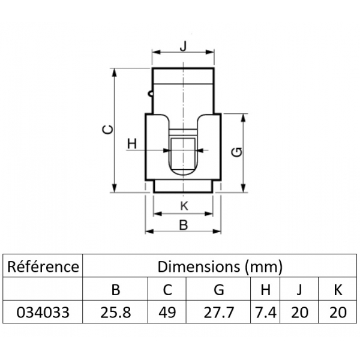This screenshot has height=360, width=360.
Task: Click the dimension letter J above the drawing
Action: pos(183,46)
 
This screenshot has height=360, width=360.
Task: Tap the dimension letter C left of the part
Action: pos(107,130)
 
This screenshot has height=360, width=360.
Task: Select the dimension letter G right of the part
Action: pos(237,152)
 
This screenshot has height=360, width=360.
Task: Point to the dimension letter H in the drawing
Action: pos(132,144)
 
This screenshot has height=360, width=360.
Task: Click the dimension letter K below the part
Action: pos(184,206)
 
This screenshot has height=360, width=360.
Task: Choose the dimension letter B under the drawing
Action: pos(184,225)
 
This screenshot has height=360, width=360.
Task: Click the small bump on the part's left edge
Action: pos(150,94)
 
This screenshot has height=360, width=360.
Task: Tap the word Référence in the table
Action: pos(43,267)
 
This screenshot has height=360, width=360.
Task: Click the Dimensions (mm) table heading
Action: pos(220,267)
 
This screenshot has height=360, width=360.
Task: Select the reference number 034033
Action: pos(43,312)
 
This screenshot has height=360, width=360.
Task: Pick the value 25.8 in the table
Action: pos(116,312)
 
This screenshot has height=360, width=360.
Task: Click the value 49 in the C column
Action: pos(167,312)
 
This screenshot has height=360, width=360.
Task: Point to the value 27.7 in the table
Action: pos(218,312)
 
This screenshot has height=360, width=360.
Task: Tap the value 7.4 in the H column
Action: pos(266,312)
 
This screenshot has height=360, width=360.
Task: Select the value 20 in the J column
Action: pos(299,312)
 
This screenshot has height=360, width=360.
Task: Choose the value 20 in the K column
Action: pos(338,312)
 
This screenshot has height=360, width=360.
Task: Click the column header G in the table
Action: pos(219,290)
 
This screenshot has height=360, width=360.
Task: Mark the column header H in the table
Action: pos(265,290)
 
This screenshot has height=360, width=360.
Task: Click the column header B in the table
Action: pos(116,290)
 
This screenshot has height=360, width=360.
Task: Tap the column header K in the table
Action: pos(338,290)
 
